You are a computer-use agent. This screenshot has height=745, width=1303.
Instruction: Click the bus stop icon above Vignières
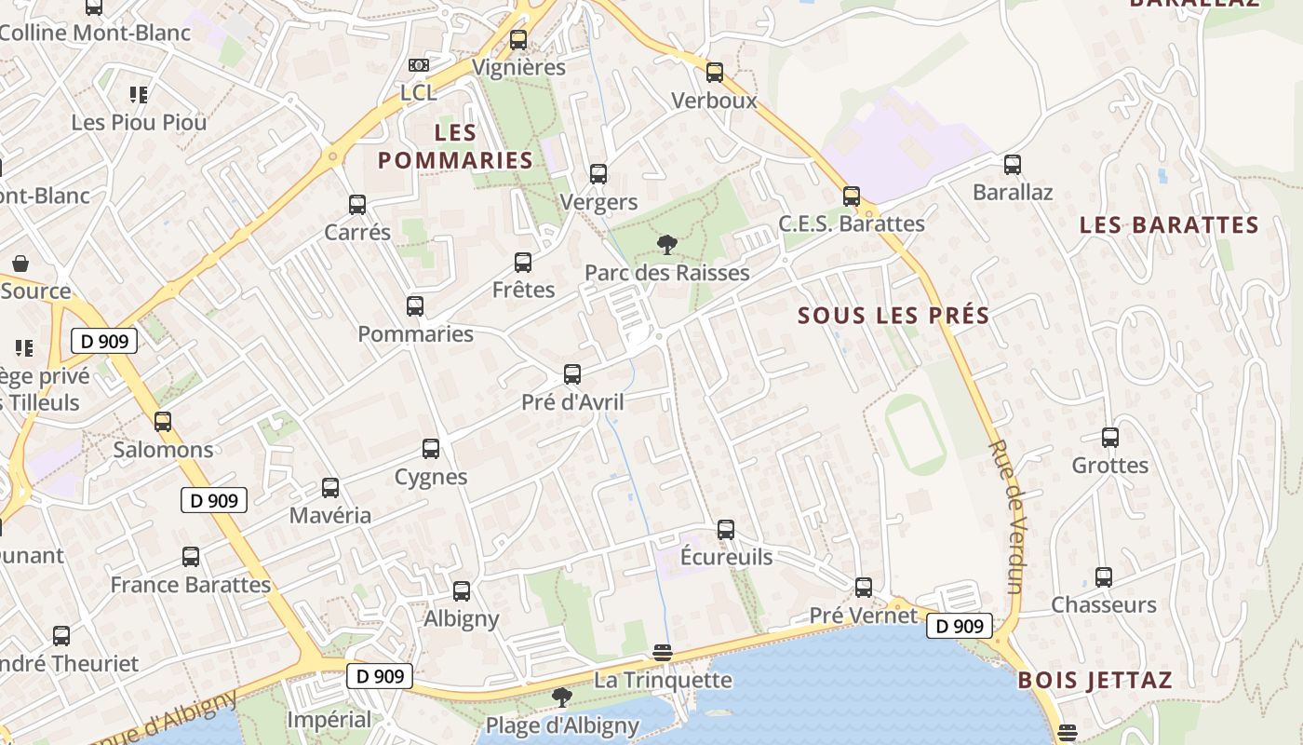click(x=518, y=40)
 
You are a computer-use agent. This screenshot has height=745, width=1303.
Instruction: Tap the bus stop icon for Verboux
click(x=715, y=73)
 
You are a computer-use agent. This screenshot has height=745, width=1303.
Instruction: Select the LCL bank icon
click(x=419, y=65)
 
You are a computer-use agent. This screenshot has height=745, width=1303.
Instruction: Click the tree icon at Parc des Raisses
click(x=666, y=246)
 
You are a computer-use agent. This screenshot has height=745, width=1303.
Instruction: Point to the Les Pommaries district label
click(x=455, y=146)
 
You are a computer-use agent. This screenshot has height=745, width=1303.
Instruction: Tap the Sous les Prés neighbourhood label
click(x=893, y=315)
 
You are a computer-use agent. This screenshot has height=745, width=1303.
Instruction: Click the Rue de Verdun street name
click(x=1006, y=516)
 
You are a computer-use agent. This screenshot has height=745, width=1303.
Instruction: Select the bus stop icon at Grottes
click(x=1109, y=438)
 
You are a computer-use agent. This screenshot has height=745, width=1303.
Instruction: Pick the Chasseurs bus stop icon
click(x=1103, y=577)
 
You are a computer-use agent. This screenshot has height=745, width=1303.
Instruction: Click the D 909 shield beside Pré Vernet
click(x=959, y=626)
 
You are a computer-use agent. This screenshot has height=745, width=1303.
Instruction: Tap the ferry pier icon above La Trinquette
click(x=662, y=652)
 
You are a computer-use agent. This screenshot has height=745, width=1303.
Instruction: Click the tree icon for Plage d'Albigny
click(x=561, y=698)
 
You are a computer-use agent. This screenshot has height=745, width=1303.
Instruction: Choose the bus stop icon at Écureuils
click(x=726, y=530)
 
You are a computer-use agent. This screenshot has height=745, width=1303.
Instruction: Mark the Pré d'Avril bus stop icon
click(x=572, y=374)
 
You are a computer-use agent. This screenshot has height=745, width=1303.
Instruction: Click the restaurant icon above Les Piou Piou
click(x=139, y=94)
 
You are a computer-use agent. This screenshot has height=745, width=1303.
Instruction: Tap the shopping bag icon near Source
click(x=20, y=264)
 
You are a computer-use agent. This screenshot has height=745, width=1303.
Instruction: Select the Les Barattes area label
click(x=1169, y=224)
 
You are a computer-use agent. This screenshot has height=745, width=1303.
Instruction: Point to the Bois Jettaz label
click(x=1095, y=680)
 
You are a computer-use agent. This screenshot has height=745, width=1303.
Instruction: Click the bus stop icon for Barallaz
click(x=1013, y=165)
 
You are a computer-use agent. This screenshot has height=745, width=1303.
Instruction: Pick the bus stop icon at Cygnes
click(x=431, y=449)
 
